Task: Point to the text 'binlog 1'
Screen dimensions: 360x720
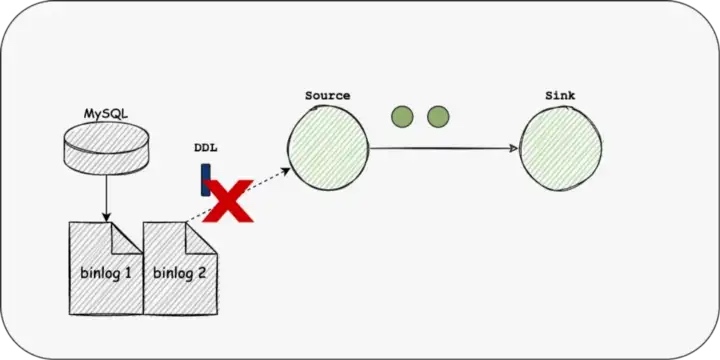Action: [x=106, y=272]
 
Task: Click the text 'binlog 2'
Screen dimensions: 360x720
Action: [x=180, y=271]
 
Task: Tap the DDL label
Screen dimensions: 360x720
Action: [x=206, y=148]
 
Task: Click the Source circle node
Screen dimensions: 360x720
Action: [x=328, y=147]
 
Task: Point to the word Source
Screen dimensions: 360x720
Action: [x=327, y=96]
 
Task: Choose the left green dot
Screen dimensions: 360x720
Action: [x=403, y=117]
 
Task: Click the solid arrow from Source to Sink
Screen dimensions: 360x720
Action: [x=445, y=148]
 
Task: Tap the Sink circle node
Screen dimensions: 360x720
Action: [x=559, y=147]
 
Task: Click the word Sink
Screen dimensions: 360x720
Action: [x=560, y=96]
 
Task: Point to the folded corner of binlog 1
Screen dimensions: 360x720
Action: [x=127, y=236]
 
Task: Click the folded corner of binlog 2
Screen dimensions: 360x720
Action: [x=202, y=236]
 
